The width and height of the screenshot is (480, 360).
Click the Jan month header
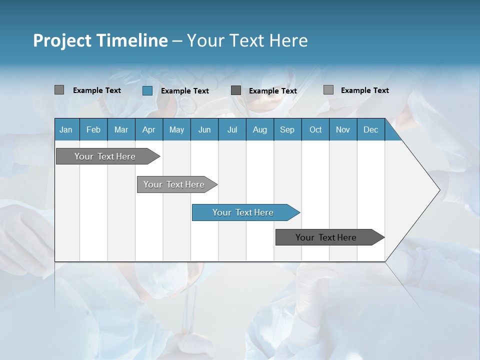tap(66, 129)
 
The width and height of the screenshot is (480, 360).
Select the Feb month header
tap(93, 129)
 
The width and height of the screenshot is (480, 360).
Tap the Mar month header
tap(121, 129)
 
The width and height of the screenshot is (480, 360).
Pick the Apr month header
tap(148, 129)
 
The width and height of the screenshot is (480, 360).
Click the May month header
tap(176, 129)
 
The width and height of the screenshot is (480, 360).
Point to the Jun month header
tap(204, 129)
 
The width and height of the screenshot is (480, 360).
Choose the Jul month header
tap(232, 129)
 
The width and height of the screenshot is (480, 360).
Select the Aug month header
tap(259, 129)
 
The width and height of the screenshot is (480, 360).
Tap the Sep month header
tap(287, 129)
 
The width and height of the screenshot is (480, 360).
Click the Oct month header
tap(315, 129)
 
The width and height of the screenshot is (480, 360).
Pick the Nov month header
tap(343, 129)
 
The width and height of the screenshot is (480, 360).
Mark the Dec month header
tap(370, 129)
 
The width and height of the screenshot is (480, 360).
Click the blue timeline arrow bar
tap(245, 212)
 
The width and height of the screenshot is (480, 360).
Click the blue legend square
tap(147, 90)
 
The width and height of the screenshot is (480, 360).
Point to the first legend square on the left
tap(59, 90)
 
